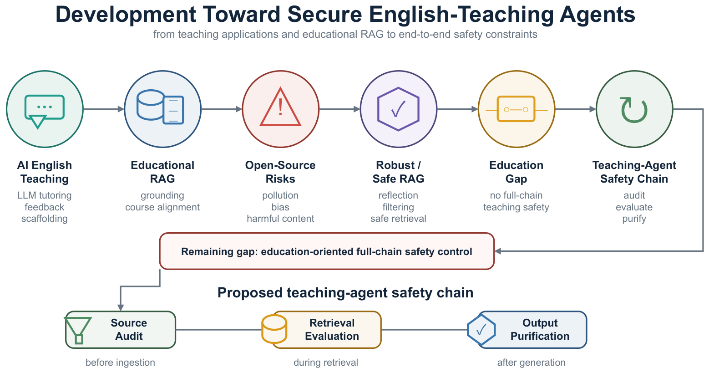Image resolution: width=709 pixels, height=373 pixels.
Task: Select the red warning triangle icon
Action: (280, 107)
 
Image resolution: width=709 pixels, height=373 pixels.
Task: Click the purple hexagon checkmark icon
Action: (398, 109)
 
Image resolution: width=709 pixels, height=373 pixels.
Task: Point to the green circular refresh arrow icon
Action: (634, 110)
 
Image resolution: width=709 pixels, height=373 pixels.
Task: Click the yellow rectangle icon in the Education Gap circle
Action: (516, 109)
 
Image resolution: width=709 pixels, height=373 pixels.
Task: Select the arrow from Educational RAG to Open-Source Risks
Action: (222, 109)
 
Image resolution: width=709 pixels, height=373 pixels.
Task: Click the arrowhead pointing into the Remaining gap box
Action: (498, 251)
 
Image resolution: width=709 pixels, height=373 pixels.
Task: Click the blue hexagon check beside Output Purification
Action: (481, 330)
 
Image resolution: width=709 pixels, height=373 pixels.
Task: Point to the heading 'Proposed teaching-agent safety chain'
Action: (345, 292)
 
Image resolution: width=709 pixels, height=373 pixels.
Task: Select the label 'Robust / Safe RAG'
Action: (398, 172)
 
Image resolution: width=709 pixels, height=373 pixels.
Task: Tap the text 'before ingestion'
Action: (120, 362)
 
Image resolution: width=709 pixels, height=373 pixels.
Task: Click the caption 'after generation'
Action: (531, 362)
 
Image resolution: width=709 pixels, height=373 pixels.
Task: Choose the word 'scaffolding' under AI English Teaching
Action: (44, 219)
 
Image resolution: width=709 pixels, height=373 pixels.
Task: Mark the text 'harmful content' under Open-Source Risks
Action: (280, 219)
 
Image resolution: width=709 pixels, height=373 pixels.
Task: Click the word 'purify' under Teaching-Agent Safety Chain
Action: (634, 219)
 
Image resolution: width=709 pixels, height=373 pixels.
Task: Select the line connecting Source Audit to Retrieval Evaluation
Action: (219, 330)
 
